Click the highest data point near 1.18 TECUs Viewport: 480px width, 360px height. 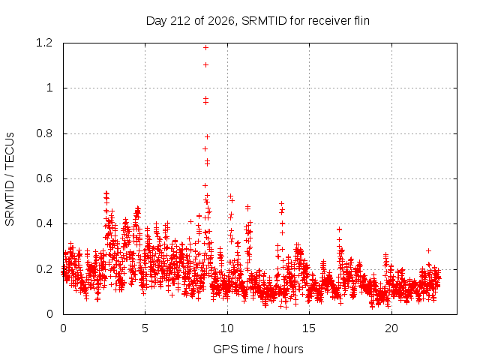[205, 48]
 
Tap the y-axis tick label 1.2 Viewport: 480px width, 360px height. [44, 43]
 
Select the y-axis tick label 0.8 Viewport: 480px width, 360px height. [44, 133]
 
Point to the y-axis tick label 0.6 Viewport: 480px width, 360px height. [44, 178]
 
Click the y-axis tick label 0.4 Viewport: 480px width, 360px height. [44, 223]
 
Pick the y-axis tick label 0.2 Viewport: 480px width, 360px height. [44, 269]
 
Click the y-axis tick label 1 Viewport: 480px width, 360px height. [49, 88]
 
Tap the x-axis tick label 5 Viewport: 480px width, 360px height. [145, 328]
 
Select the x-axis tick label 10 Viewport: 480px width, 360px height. [227, 328]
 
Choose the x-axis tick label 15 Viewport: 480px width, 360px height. [309, 328]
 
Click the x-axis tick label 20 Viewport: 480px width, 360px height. [391, 328]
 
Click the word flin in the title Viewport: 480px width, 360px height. [361, 21]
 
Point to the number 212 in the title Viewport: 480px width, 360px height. [181, 21]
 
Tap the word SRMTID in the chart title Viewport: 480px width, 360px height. [264, 21]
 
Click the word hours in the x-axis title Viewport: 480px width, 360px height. [288, 349]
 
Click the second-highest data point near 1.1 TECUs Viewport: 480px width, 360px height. [205, 65]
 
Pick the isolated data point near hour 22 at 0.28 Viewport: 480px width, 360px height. [428, 250]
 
